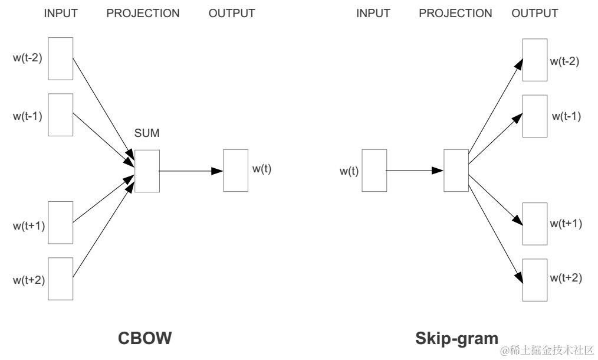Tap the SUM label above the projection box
(x=147, y=133)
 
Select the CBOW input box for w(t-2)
(x=61, y=58)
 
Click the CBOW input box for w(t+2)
(x=61, y=279)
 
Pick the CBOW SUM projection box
(x=147, y=171)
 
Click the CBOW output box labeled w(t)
(x=235, y=171)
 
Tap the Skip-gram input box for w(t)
(x=374, y=171)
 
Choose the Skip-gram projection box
(x=456, y=171)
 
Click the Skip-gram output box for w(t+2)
(x=535, y=279)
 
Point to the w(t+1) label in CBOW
(x=29, y=225)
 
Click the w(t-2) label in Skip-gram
(x=564, y=61)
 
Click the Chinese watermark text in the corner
(x=547, y=351)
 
